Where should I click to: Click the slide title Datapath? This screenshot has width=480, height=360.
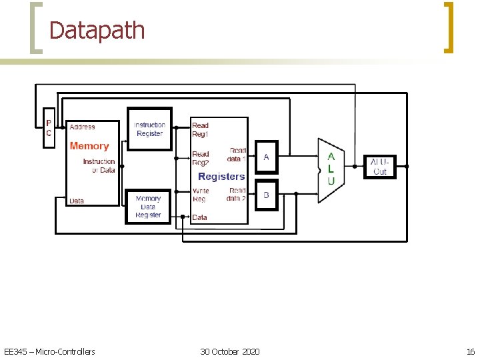(x=97, y=31)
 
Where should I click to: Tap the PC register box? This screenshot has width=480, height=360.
(x=48, y=127)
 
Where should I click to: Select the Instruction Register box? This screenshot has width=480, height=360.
(x=149, y=129)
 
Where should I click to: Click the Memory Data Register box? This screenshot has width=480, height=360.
(x=148, y=207)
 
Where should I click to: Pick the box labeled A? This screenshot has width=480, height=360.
(x=266, y=157)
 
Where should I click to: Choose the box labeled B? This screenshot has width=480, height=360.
(x=266, y=195)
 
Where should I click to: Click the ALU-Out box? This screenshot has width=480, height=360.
(x=379, y=167)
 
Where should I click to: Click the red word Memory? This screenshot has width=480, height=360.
(x=89, y=146)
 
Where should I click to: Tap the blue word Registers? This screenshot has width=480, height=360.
(x=221, y=177)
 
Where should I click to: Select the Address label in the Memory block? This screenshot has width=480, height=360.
(x=83, y=127)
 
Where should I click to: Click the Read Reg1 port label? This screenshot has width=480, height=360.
(x=200, y=129)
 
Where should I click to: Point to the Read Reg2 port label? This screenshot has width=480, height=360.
(x=200, y=159)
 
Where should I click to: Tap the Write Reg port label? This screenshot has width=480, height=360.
(x=200, y=195)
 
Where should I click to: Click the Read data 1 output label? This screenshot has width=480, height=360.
(x=237, y=155)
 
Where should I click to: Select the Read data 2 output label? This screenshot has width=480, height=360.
(x=237, y=194)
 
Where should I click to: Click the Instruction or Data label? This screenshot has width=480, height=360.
(x=99, y=165)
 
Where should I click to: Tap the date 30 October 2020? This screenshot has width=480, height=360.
(x=230, y=351)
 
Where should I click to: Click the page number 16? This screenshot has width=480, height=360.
(x=471, y=351)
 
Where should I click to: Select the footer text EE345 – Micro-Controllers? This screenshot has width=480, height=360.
(x=49, y=351)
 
